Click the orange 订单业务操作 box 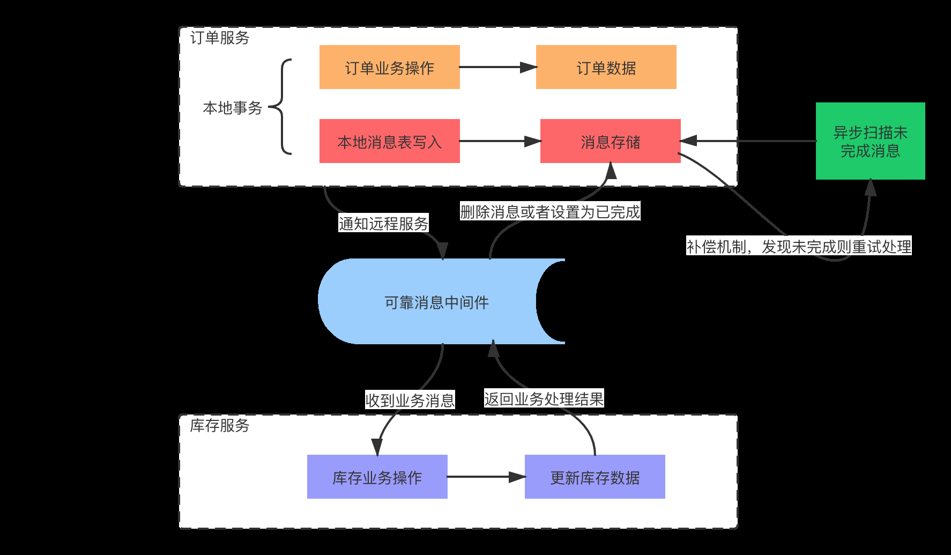pyautogui.click(x=389, y=67)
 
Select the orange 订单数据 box pyautogui.click(x=606, y=67)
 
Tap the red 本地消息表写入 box pyautogui.click(x=389, y=141)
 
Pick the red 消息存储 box pyautogui.click(x=610, y=141)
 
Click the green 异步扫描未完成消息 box pyautogui.click(x=870, y=141)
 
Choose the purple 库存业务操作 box pyautogui.click(x=377, y=477)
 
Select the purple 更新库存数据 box pyautogui.click(x=595, y=477)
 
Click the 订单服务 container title pyautogui.click(x=220, y=38)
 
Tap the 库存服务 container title pyautogui.click(x=220, y=426)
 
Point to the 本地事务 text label pyautogui.click(x=232, y=108)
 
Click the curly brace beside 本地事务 pyautogui.click(x=283, y=107)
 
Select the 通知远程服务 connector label pyautogui.click(x=383, y=224)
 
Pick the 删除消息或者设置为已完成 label pyautogui.click(x=550, y=212)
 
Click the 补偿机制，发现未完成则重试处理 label pyautogui.click(x=799, y=247)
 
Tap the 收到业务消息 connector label pyautogui.click(x=410, y=400)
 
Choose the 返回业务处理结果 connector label pyautogui.click(x=544, y=398)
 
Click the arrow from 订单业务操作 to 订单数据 pyautogui.click(x=497, y=67)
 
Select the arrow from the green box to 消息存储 pyautogui.click(x=748, y=141)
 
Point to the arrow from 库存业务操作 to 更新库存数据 pyautogui.click(x=486, y=477)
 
